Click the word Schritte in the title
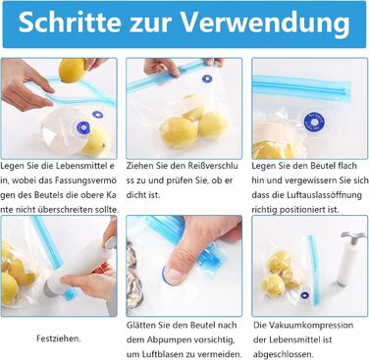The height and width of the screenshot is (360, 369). (70, 23)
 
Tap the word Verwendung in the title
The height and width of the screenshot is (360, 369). (265, 23)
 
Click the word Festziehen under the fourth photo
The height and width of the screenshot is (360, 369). (58, 338)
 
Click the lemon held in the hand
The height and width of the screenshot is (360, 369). (73, 70)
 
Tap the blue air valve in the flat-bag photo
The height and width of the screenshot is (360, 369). (314, 122)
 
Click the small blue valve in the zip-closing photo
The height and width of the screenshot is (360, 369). (207, 78)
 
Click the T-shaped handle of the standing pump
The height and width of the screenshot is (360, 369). (352, 236)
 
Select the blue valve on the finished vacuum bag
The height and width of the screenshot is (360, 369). (305, 295)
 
